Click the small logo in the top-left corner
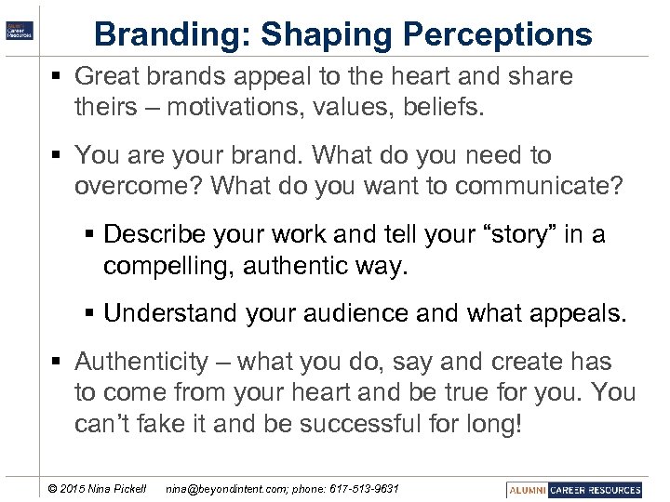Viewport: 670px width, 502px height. coord(20,29)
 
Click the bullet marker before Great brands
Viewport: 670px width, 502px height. coord(60,76)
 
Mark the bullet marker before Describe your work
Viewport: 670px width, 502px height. coord(89,234)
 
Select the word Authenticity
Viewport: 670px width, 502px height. coord(141,362)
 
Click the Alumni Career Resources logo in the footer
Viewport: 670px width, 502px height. coord(575,489)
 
